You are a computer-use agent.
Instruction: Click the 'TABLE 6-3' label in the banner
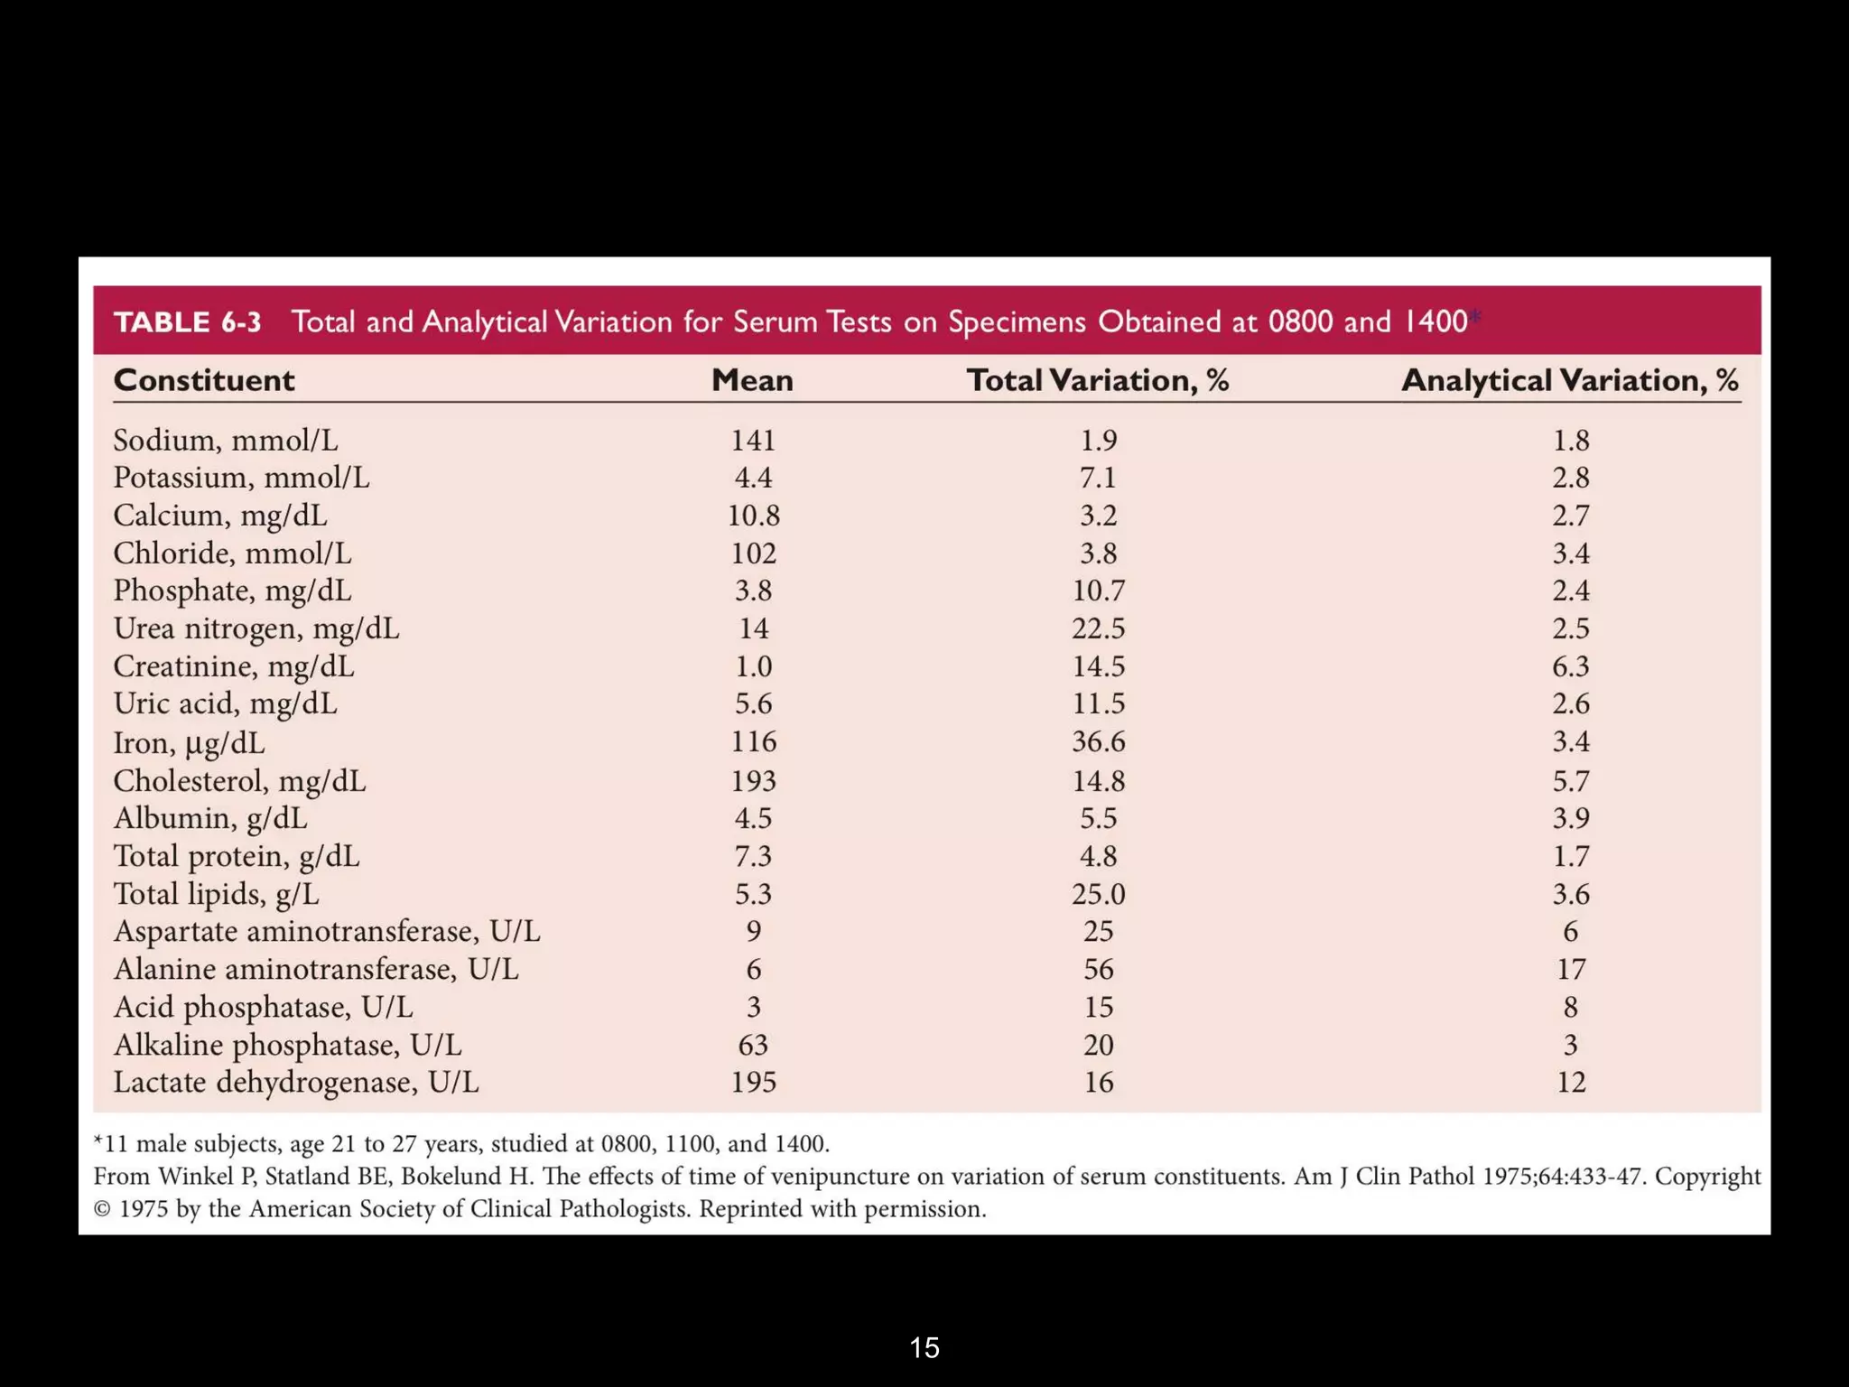pyautogui.click(x=187, y=322)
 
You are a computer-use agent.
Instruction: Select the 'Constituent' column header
pyautogui.click(x=204, y=380)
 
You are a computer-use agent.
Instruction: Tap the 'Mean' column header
pyautogui.click(x=752, y=380)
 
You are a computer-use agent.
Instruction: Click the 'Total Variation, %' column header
pyautogui.click(x=1097, y=380)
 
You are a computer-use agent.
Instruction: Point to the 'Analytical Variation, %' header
pyautogui.click(x=1569, y=380)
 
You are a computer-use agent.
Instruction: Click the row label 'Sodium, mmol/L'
pyautogui.click(x=226, y=441)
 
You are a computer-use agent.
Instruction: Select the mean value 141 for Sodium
pyautogui.click(x=753, y=441)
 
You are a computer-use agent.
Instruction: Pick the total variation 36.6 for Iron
pyautogui.click(x=1098, y=741)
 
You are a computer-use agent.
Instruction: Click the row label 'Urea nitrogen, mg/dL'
pyautogui.click(x=256, y=628)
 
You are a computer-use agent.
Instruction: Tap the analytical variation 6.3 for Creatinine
pyautogui.click(x=1570, y=666)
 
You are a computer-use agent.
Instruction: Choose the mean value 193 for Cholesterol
pyautogui.click(x=753, y=780)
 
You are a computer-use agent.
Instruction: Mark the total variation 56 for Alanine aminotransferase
pyautogui.click(x=1098, y=969)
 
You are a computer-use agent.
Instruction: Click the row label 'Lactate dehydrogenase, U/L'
pyautogui.click(x=296, y=1082)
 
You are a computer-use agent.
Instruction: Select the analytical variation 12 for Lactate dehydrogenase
pyautogui.click(x=1570, y=1082)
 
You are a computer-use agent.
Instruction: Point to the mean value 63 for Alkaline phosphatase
pyautogui.click(x=753, y=1045)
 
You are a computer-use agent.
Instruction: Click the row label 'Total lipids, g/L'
pyautogui.click(x=217, y=894)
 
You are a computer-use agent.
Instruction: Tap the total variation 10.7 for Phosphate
pyautogui.click(x=1098, y=591)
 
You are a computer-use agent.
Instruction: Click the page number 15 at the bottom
pyautogui.click(x=924, y=1347)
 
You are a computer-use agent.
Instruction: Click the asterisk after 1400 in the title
pyautogui.click(x=1475, y=315)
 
